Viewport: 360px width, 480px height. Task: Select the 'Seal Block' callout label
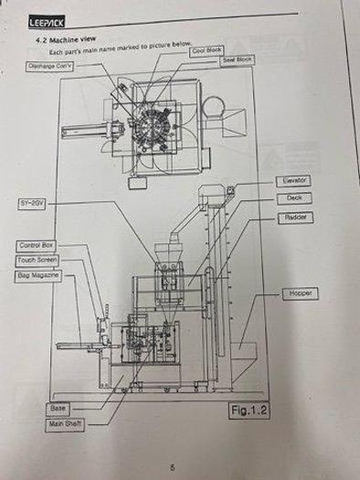[x=238, y=59]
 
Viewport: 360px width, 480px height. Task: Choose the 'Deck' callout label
[x=293, y=198]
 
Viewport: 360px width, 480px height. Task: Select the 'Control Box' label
[x=37, y=246]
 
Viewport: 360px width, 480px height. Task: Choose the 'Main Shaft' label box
[x=60, y=425]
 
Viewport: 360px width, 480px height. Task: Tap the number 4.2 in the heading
[x=40, y=42]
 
